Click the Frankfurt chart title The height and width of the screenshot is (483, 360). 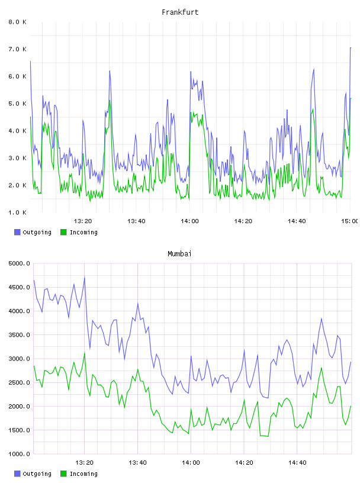tap(180, 12)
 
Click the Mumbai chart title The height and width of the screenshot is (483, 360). tap(179, 254)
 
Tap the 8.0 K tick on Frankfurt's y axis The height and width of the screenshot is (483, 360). tap(18, 22)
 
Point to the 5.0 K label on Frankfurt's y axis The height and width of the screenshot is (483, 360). tap(18, 104)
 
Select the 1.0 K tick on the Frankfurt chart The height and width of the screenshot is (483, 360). tap(18, 212)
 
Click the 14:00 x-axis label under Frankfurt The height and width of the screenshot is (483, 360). tap(189, 221)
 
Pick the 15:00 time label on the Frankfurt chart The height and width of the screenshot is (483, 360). tap(349, 221)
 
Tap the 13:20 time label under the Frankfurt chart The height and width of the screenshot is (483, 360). tap(83, 221)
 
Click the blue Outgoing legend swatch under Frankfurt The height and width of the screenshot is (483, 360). tap(17, 232)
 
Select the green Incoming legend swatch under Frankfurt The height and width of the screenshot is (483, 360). tap(63, 232)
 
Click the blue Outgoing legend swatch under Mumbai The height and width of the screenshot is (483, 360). tap(17, 474)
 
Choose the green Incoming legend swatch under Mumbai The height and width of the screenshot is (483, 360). tap(63, 474)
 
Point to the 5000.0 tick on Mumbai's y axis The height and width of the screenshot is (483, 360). tap(19, 263)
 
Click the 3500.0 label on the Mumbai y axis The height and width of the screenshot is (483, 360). tap(19, 335)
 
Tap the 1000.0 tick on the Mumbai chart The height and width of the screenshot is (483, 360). tap(19, 454)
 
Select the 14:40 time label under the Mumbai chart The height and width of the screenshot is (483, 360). tap(297, 462)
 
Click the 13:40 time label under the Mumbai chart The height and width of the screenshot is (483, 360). tap(137, 462)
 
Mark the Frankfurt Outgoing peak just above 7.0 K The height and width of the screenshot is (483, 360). tap(351, 48)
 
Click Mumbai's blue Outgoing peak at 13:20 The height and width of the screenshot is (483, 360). tap(85, 278)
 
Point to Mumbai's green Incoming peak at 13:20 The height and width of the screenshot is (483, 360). tap(85, 353)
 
